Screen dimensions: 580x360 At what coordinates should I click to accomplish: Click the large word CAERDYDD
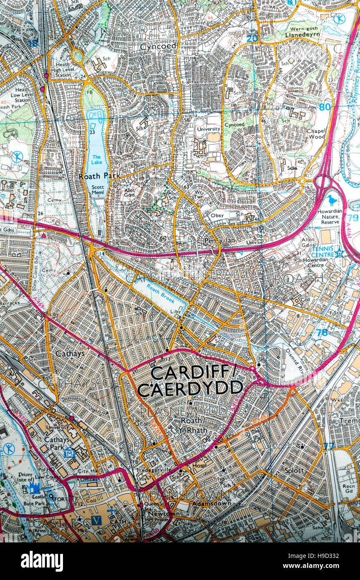(x=190, y=389)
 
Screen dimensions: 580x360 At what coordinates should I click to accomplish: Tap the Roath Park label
(x=99, y=176)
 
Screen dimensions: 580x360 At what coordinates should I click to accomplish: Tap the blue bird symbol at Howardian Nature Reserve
(x=332, y=200)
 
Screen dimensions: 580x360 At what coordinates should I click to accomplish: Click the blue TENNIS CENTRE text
(x=323, y=252)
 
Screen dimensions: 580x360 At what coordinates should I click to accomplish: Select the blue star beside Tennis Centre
(x=340, y=252)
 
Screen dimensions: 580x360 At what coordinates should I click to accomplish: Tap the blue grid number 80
(x=325, y=106)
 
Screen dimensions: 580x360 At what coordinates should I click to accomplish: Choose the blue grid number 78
(x=322, y=333)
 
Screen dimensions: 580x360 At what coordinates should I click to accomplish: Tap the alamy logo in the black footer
(x=42, y=561)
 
